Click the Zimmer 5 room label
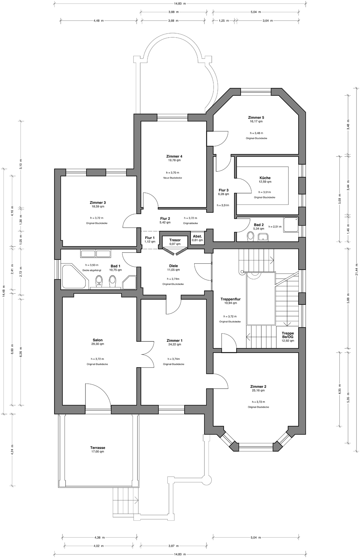coord(256,117)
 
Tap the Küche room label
coord(265,178)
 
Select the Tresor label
coord(175,240)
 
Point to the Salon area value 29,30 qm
coord(98,344)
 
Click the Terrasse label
coord(98,448)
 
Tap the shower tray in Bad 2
coord(291,225)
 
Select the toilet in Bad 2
coord(250,236)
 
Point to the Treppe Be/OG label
coord(288,335)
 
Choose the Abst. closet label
coord(197,236)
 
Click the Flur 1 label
coord(150,238)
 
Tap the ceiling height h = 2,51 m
coord(275,227)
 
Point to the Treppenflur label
coord(231,299)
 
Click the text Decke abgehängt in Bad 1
coord(92,270)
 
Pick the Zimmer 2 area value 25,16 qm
coord(258,390)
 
